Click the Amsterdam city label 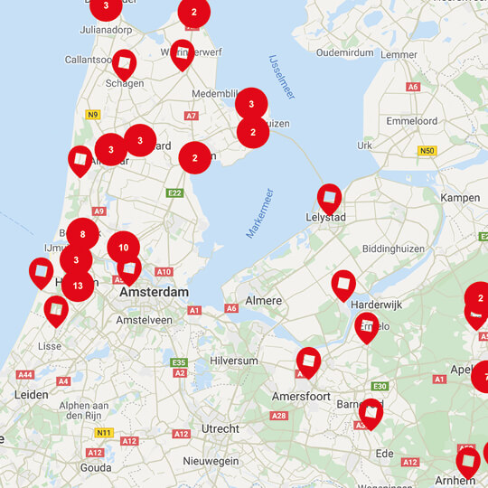pyautogui.click(x=155, y=292)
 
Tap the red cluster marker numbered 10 pyautogui.click(x=124, y=248)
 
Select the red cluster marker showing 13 pyautogui.click(x=78, y=286)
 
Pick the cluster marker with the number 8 pyautogui.click(x=82, y=234)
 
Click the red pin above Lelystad pyautogui.click(x=330, y=197)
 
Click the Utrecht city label pyautogui.click(x=220, y=427)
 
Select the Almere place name pyautogui.click(x=265, y=300)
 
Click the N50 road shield pyautogui.click(x=427, y=151)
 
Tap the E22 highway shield pyautogui.click(x=174, y=192)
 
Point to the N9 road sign pyautogui.click(x=92, y=114)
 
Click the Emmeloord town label pyautogui.click(x=411, y=120)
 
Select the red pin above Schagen pyautogui.click(x=125, y=62)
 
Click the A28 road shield pyautogui.click(x=278, y=416)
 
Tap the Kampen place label pyautogui.click(x=459, y=197)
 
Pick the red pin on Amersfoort pyautogui.click(x=308, y=361)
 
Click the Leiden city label pyautogui.click(x=31, y=394)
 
